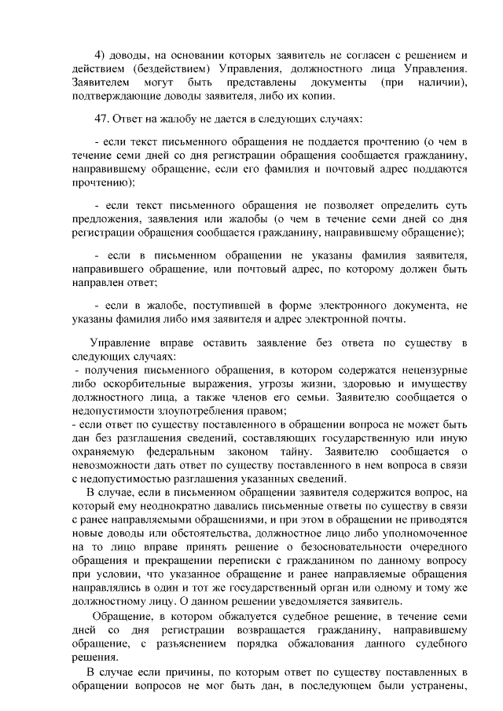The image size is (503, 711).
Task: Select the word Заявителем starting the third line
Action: [100, 82]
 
